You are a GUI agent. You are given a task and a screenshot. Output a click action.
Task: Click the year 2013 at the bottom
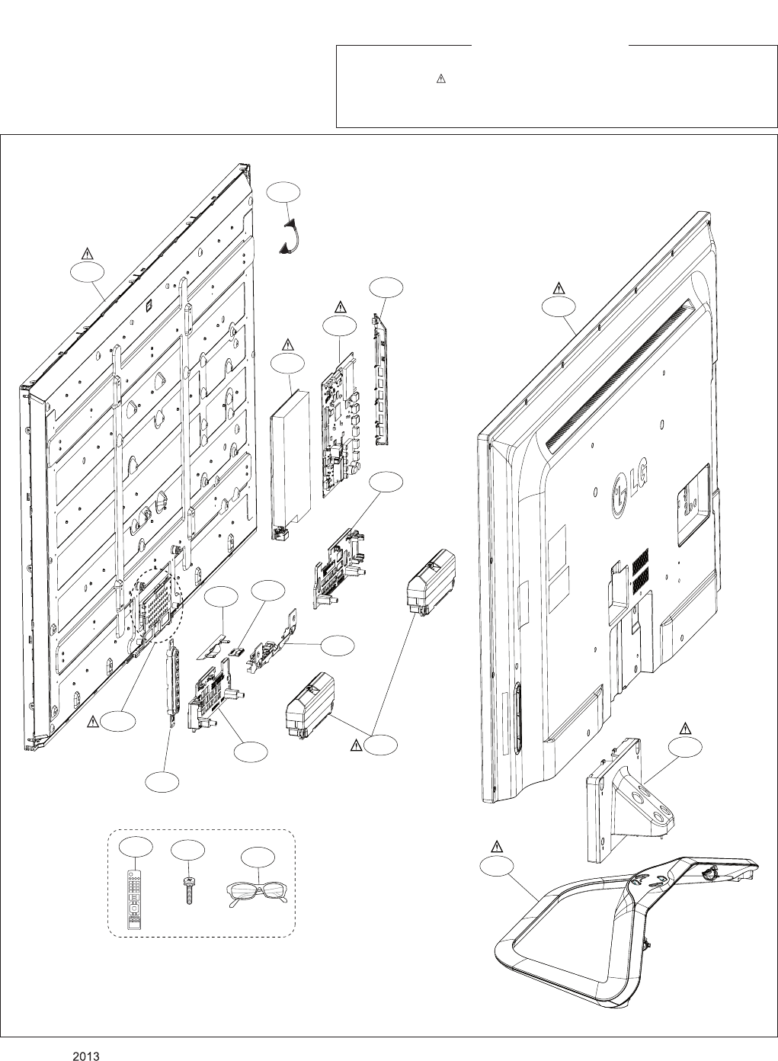pyautogui.click(x=87, y=1056)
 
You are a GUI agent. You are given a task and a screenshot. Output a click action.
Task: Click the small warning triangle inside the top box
pyautogui.click(x=440, y=79)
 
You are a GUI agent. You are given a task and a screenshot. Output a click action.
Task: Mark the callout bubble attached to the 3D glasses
pyautogui.click(x=257, y=857)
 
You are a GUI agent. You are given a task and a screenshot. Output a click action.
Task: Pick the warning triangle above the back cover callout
pyautogui.click(x=559, y=288)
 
